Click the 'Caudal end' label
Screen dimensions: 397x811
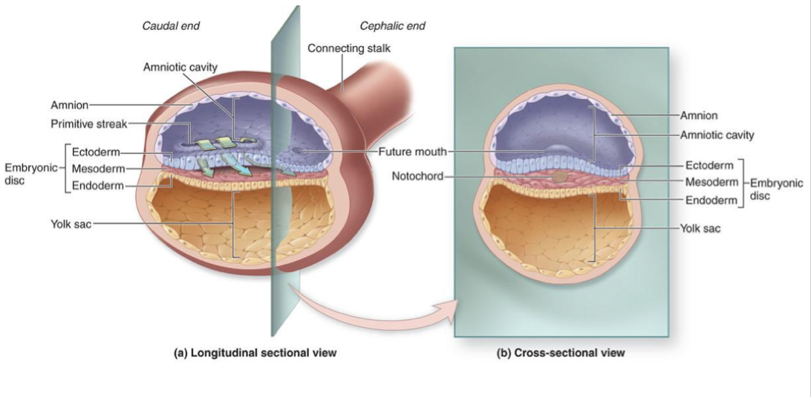(171, 26)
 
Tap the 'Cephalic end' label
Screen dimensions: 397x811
(393, 26)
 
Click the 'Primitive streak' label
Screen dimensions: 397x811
(101, 123)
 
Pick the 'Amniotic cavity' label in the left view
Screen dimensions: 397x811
(180, 68)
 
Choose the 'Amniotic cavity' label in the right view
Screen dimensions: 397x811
(717, 135)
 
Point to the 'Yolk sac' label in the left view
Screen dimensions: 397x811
(71, 222)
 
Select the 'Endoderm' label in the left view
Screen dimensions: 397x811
(96, 185)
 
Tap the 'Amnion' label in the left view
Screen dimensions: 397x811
(70, 105)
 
